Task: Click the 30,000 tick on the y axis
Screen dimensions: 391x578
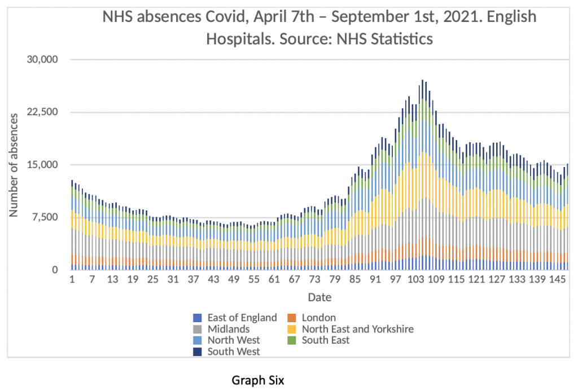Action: point(43,60)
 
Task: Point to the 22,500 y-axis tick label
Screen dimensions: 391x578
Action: point(43,112)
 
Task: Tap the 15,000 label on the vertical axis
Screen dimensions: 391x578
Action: point(43,165)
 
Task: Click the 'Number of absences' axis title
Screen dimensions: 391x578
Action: point(14,165)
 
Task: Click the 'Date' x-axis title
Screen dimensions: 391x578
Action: point(319,297)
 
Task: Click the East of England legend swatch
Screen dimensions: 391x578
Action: point(197,318)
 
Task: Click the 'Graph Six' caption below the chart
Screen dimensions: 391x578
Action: point(259,381)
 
